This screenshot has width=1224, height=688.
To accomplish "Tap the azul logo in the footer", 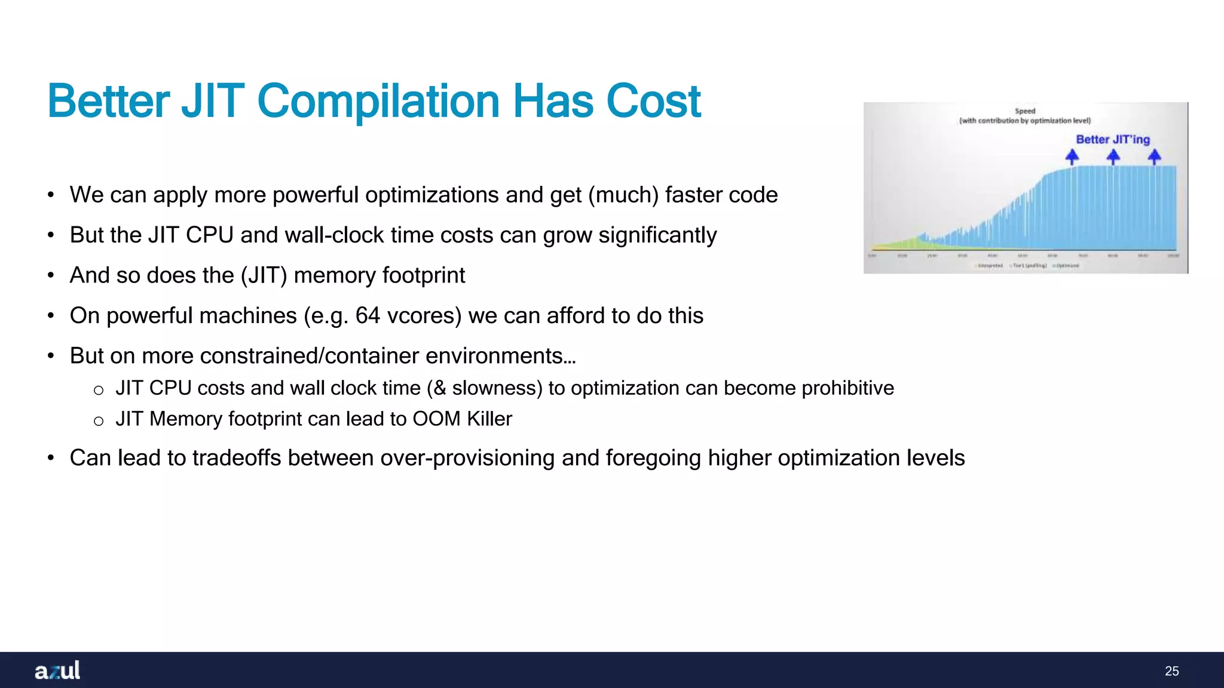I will (57, 670).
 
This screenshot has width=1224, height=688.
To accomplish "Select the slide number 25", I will (1171, 671).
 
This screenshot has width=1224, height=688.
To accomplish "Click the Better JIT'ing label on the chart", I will (1112, 139).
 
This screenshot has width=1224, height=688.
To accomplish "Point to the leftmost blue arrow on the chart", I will (1072, 156).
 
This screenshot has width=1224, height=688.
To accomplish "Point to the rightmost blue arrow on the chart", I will (1154, 156).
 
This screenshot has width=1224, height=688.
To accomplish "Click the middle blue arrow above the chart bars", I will (1113, 156).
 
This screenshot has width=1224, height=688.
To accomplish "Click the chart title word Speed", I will (1025, 111).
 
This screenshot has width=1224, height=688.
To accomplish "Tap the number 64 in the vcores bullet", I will (368, 316).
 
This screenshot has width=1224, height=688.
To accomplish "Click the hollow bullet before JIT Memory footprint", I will (99, 421).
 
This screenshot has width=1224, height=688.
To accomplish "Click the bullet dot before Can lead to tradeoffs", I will (51, 459).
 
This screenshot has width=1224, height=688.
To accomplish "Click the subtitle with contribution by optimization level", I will (1025, 121).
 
